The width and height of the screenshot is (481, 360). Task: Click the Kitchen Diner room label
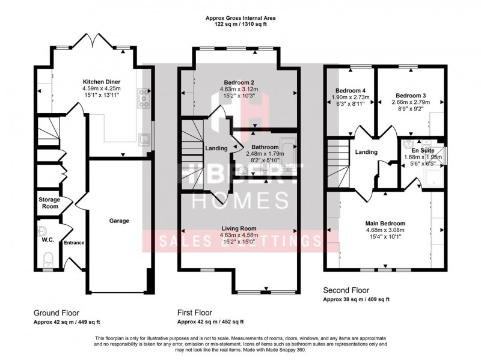pyautogui.click(x=102, y=81)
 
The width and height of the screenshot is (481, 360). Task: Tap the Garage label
pyautogui.click(x=118, y=221)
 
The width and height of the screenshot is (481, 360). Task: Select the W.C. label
pyautogui.click(x=47, y=239)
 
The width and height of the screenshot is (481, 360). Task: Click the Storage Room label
pyautogui.click(x=49, y=203)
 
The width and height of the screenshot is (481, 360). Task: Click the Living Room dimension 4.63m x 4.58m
pyautogui.click(x=240, y=236)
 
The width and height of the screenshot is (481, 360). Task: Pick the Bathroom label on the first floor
pyautogui.click(x=265, y=147)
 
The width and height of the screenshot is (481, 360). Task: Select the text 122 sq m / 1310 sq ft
pyautogui.click(x=240, y=25)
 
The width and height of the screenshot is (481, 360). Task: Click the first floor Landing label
pyautogui.click(x=216, y=148)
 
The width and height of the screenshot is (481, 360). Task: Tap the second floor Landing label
pyautogui.click(x=366, y=152)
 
